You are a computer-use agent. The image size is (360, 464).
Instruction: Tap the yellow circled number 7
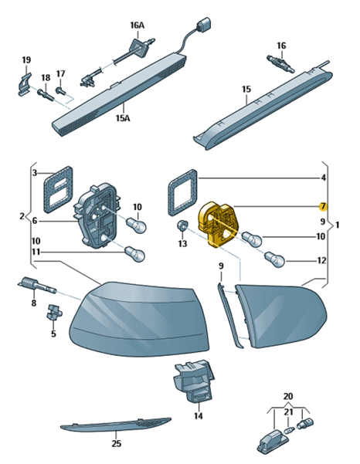point(323,206)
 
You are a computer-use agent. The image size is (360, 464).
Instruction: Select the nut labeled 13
point(182,226)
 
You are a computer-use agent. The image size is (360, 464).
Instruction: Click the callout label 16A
point(138,25)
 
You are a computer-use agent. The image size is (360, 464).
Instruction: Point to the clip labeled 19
point(24,84)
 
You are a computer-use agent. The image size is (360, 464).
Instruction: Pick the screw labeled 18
point(46,94)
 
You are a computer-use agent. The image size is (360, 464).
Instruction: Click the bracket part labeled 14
point(195,381)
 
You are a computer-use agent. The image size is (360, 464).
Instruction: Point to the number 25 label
point(117,443)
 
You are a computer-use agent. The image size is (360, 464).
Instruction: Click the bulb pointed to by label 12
point(275,259)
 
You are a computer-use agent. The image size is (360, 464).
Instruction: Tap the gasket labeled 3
point(58,190)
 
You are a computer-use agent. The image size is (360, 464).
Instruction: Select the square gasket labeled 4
point(183,192)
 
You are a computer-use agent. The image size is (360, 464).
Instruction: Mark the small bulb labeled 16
point(280,63)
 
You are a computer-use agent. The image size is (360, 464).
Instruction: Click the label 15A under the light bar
point(123,118)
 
